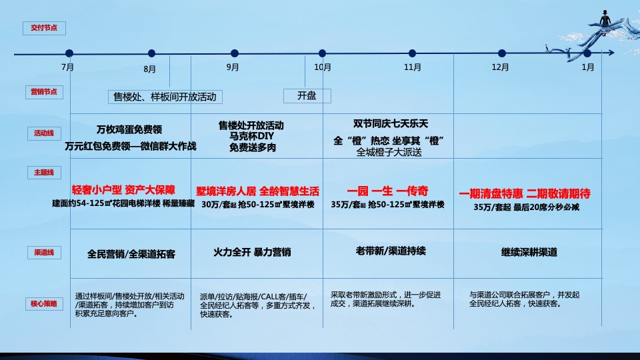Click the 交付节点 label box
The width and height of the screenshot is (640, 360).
[x=43, y=28]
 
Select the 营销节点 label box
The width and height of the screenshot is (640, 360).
[x=43, y=92]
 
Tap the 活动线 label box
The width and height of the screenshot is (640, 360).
[x=43, y=133]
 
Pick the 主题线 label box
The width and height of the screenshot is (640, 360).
[x=43, y=173]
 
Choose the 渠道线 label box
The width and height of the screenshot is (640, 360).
[x=43, y=253]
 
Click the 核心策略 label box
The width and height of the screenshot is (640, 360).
[x=43, y=303]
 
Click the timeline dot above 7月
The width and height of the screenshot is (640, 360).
[x=69, y=53]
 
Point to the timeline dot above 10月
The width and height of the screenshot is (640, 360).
[x=322, y=53]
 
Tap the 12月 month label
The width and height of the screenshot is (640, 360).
[x=500, y=67]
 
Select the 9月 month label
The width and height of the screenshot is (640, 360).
[x=233, y=67]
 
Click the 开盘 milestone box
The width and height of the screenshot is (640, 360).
[x=307, y=96]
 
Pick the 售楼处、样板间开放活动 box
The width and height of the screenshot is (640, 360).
[x=165, y=97]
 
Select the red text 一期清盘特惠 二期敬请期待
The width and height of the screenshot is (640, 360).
[x=525, y=194]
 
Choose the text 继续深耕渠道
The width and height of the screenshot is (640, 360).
[x=529, y=253]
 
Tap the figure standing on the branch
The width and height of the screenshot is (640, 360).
[x=605, y=19]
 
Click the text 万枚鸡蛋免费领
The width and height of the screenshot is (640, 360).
[x=130, y=129]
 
